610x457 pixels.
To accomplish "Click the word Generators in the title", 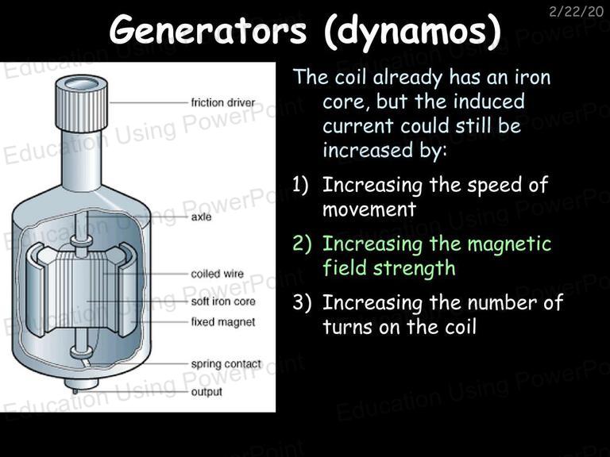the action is [208, 30].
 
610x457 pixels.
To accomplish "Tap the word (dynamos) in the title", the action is [412, 32].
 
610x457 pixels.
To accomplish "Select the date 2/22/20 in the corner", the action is [576, 12].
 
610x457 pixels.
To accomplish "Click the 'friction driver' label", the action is [223, 102].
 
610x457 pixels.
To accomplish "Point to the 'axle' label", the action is [201, 217].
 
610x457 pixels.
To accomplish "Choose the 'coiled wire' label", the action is [217, 274].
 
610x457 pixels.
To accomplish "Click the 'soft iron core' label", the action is [223, 301].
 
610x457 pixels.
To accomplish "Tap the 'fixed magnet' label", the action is [223, 322].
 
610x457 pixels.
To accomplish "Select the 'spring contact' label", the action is [226, 364].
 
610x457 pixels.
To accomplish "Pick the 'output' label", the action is [207, 392].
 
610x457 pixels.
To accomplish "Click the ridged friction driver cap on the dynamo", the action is [81, 102].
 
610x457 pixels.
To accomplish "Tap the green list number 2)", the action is [302, 244].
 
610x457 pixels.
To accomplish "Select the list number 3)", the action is [302, 302].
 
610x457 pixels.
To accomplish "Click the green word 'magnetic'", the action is [510, 245].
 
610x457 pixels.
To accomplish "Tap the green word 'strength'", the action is [414, 269].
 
